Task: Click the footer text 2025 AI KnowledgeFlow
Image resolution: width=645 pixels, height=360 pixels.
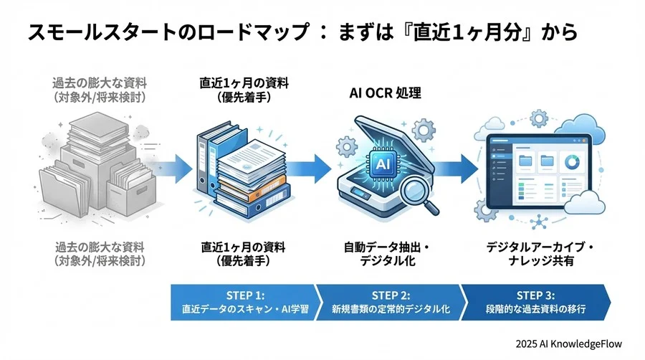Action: [573, 344]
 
